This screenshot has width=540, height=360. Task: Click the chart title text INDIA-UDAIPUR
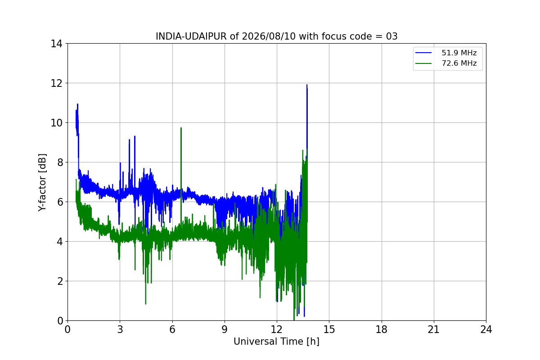tap(191, 36)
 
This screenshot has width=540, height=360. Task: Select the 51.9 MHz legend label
tap(459, 53)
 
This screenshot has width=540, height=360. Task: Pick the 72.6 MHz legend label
tap(459, 63)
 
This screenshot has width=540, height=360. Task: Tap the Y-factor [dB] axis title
tap(42, 182)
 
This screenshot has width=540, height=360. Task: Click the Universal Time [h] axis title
tap(276, 342)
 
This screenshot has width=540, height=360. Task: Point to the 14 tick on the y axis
tap(56, 44)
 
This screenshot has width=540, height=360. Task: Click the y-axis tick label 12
tap(56, 83)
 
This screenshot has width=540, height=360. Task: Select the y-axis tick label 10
tap(56, 123)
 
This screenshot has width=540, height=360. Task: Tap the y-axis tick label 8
tap(60, 162)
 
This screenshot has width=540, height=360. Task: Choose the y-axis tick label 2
tap(60, 281)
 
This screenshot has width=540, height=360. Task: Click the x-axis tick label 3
tap(120, 329)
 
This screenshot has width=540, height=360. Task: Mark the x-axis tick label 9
tap(225, 329)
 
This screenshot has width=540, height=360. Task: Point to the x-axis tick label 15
tap(329, 329)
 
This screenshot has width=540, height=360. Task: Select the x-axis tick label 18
tap(382, 329)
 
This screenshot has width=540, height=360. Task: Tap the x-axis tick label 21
tap(434, 329)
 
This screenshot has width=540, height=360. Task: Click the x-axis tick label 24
tap(486, 329)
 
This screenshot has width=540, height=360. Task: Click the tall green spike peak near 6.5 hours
tap(181, 128)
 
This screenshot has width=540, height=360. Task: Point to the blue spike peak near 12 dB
tap(307, 85)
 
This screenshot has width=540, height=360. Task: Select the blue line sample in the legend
tap(423, 53)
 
